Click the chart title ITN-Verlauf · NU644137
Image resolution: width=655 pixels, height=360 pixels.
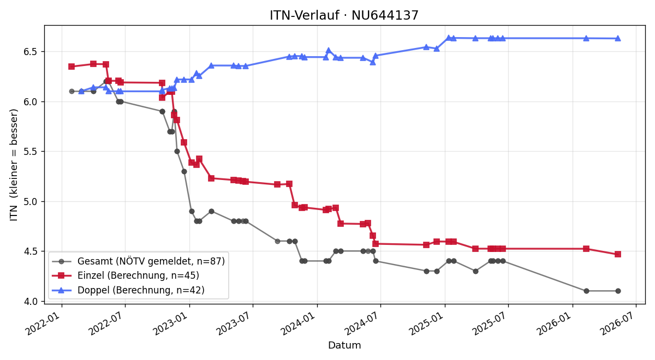pyautogui.click(x=344, y=15)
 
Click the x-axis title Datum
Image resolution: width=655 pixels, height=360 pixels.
pyautogui.click(x=344, y=345)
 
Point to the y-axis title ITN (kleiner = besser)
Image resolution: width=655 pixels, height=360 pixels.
pyautogui.click(x=14, y=165)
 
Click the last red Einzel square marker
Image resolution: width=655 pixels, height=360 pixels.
pyautogui.click(x=617, y=254)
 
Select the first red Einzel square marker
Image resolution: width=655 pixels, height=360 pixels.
pyautogui.click(x=72, y=67)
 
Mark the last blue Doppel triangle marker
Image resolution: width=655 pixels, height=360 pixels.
pyautogui.click(x=617, y=38)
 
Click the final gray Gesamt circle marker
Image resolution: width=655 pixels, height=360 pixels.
pyautogui.click(x=618, y=291)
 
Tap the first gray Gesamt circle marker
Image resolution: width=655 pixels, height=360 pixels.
pyautogui.click(x=72, y=92)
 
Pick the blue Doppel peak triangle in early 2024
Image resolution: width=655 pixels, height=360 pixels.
pyautogui.click(x=329, y=50)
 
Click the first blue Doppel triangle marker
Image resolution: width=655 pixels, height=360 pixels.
pyautogui.click(x=81, y=92)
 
